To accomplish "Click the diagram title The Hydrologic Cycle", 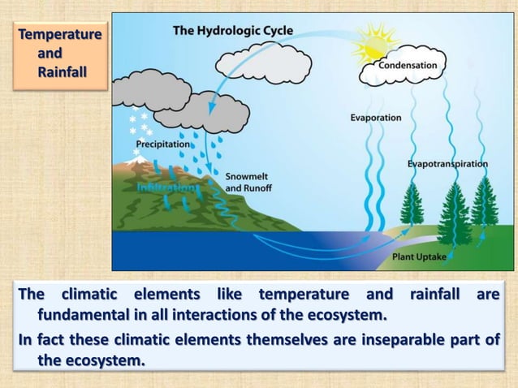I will point(233,31).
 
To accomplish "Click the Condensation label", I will point(408,65).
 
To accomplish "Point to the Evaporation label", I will point(375,118).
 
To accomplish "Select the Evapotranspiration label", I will point(447,163).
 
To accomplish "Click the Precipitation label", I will point(162,144).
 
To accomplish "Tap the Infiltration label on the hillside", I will point(166,188).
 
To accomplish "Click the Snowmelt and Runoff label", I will point(248,182).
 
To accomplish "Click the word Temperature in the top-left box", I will point(60,35).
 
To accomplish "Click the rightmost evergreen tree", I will point(485,203).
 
